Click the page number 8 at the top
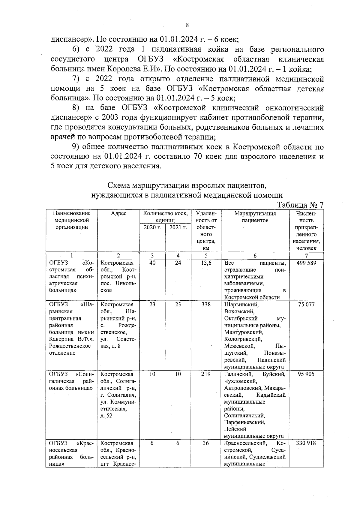pos(187,25)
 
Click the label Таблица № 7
pos(300,205)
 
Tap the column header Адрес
pos(118,214)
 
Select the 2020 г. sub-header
pos(152,227)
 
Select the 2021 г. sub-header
pos(178,227)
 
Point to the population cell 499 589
pos(306,263)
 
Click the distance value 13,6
pos(206,263)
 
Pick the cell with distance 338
pos(206,305)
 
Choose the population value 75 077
pos(306,305)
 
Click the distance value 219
pos(206,374)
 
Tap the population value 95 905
pos(306,374)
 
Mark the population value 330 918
pos(306,443)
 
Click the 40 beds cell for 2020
pos(152,263)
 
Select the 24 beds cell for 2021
pos(178,263)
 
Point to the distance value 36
pos(206,443)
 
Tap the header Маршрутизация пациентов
pos(255,217)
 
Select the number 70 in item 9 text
pos(196,157)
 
